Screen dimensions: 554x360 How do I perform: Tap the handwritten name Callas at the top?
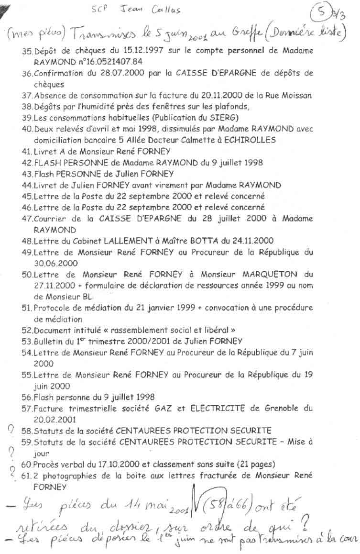pos(167,10)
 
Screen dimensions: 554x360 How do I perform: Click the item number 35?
pos(27,51)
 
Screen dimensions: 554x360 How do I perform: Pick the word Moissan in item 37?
pos(296,96)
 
